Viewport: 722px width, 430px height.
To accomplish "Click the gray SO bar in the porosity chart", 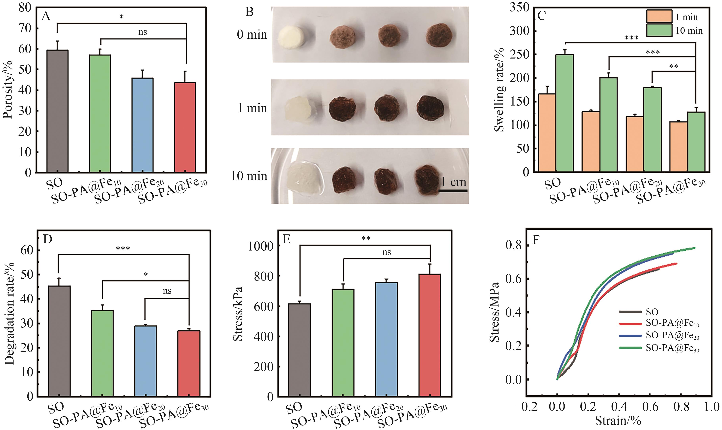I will pyautogui.click(x=57, y=111).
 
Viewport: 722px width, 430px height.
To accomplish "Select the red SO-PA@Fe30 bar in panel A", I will pyautogui.click(x=185, y=128).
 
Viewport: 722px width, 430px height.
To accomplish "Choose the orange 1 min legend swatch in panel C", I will pyautogui.click(x=659, y=16).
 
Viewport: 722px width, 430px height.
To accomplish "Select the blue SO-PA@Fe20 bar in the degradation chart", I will pyautogui.click(x=146, y=361).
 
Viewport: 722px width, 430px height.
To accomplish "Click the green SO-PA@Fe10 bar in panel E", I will pyautogui.click(x=343, y=343).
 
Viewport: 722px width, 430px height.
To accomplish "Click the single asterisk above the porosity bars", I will pyautogui.click(x=121, y=17).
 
